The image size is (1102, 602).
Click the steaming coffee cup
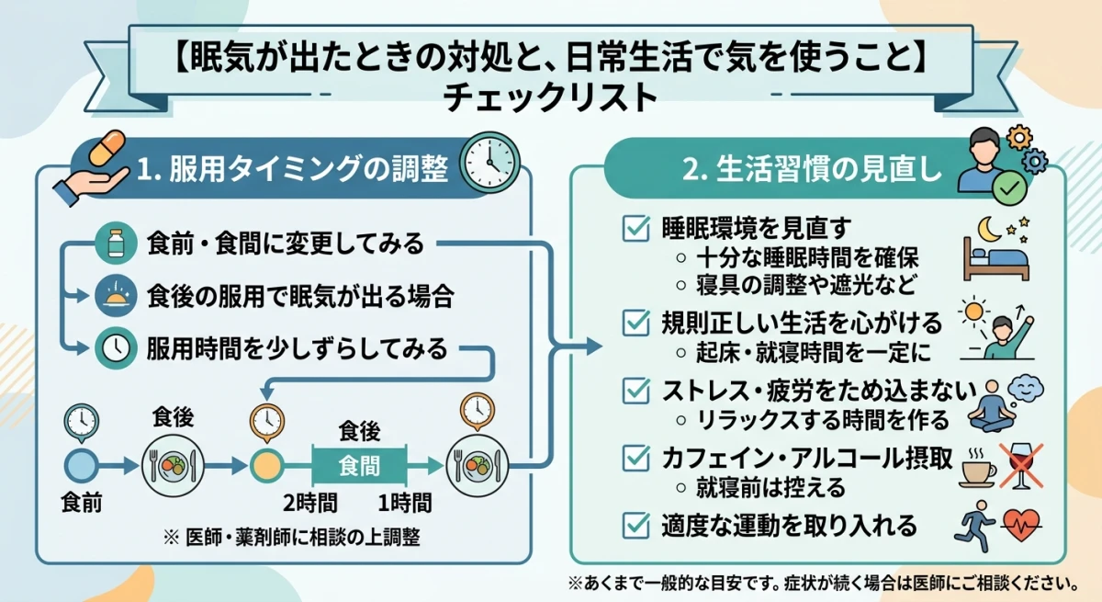coord(979,467)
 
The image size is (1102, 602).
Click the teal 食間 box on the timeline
coord(359,465)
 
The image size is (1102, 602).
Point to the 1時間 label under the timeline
coord(404,503)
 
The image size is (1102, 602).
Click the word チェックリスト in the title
coord(550,98)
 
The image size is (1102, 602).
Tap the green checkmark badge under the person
coord(1009,188)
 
